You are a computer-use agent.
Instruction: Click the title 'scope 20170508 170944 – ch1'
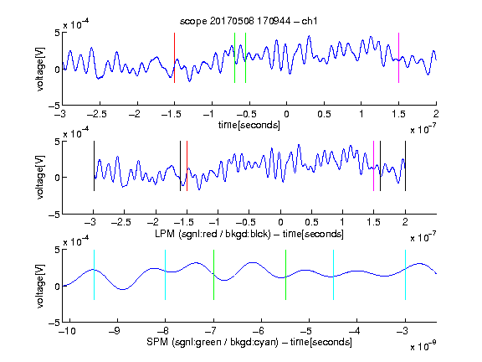[x=249, y=21]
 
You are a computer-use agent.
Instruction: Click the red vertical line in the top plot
[x=174, y=58]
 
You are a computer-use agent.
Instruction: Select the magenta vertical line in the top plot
[x=398, y=58]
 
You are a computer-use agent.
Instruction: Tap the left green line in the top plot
[x=234, y=58]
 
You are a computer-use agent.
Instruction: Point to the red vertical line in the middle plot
[x=187, y=166]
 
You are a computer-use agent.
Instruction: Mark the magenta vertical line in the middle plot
[x=373, y=166]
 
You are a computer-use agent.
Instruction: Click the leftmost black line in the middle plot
[x=94, y=166]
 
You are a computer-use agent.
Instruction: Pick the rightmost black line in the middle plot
[x=405, y=166]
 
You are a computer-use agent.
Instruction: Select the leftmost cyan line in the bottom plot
[x=94, y=275]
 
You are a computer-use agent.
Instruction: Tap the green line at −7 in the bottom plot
[x=213, y=275]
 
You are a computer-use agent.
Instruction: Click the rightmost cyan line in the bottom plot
[x=405, y=275]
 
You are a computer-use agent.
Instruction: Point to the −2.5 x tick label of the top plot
[x=97, y=114]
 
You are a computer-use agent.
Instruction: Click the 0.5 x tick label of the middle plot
[x=311, y=223]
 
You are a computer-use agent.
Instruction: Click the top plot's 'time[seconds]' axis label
[x=249, y=125]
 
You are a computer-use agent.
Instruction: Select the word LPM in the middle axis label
[x=165, y=234]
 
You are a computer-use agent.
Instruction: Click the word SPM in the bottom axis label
[x=157, y=342]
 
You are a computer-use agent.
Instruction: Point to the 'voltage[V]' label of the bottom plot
[x=40, y=286]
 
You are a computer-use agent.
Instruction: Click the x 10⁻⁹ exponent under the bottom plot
[x=423, y=346]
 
